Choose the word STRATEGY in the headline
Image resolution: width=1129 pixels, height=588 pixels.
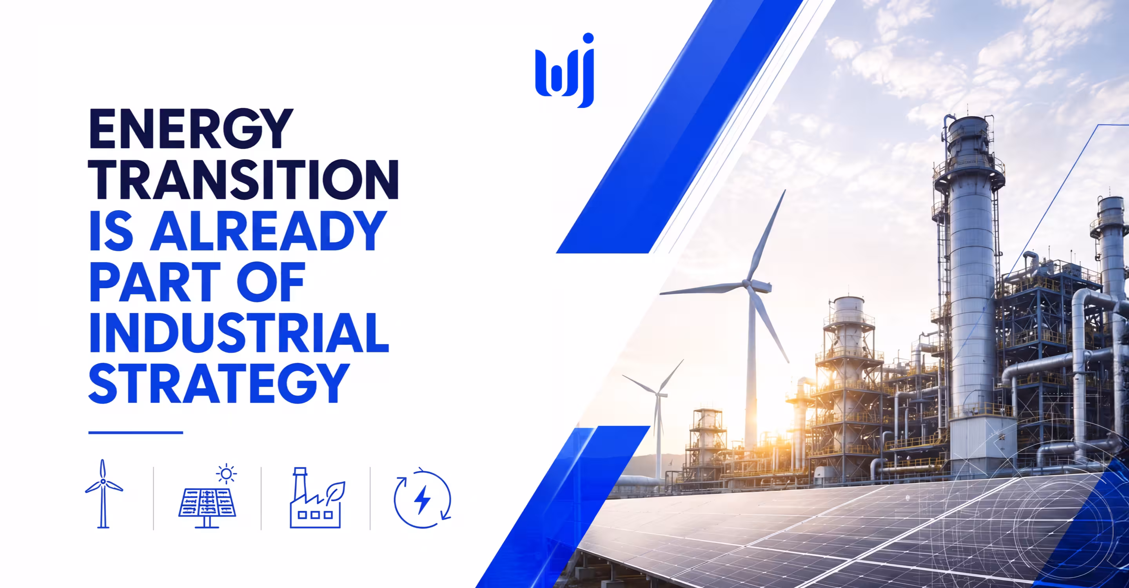pos(219,383)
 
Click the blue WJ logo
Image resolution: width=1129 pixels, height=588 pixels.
pos(564,70)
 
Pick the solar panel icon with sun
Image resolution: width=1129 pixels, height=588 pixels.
pos(207,497)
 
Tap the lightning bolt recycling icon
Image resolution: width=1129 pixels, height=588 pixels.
pos(423,498)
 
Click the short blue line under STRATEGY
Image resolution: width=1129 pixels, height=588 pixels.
pos(136,432)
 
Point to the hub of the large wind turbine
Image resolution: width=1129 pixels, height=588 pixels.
pos(746,284)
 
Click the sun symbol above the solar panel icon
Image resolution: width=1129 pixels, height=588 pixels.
pos(226,474)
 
